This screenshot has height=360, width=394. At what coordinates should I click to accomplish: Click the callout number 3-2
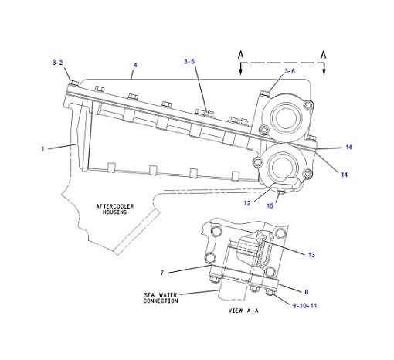pyautogui.click(x=58, y=62)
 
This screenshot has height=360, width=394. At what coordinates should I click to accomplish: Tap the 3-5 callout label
pyautogui.click(x=190, y=61)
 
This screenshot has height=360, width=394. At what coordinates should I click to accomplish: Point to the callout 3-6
pyautogui.click(x=290, y=71)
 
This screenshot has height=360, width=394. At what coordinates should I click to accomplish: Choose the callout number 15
pyautogui.click(x=270, y=205)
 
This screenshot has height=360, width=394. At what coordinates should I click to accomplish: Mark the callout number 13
pyautogui.click(x=311, y=254)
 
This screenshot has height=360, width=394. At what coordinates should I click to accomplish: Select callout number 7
pyautogui.click(x=161, y=271)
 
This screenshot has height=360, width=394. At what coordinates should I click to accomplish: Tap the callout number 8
pyautogui.click(x=306, y=291)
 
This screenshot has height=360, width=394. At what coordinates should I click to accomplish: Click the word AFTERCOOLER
pyautogui.click(x=117, y=205)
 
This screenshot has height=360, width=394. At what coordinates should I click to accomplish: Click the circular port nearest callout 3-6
pyautogui.click(x=284, y=117)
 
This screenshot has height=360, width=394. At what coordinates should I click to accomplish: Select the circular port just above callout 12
pyautogui.click(x=282, y=165)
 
